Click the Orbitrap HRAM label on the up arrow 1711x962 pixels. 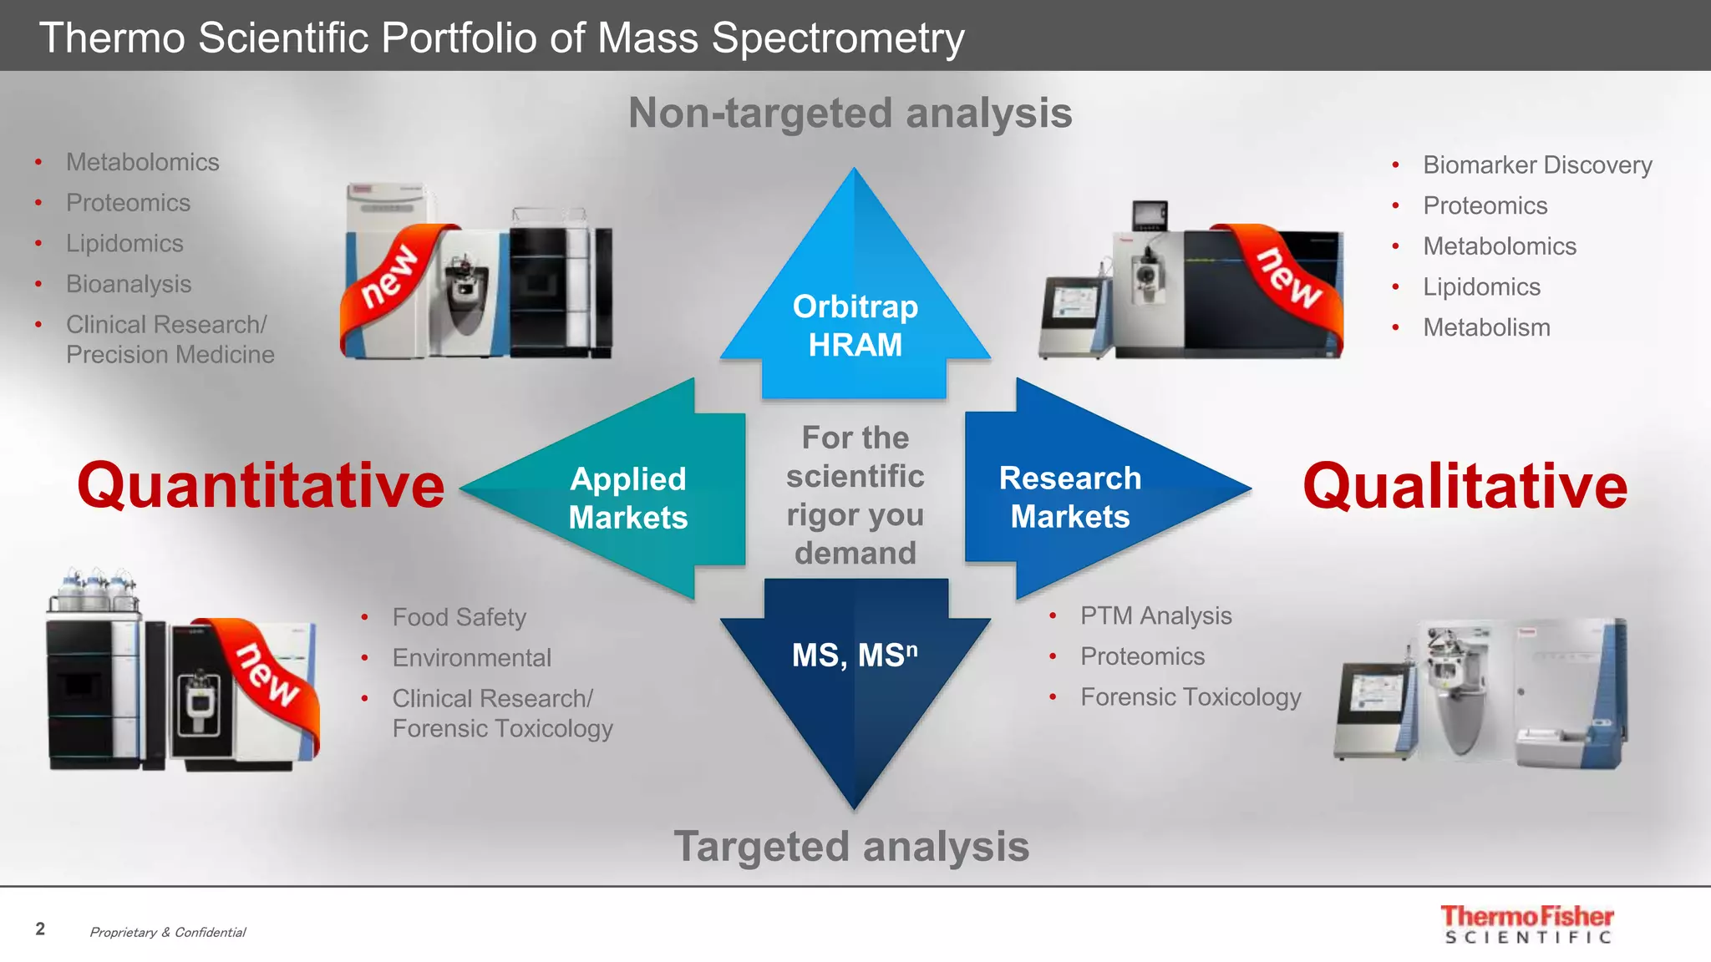[855, 326]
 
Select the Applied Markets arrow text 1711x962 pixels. [628, 498]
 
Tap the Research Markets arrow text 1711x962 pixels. [1070, 497]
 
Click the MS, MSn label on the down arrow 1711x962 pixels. [854, 656]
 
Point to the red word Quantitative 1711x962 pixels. [261, 486]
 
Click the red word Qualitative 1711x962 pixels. [1465, 486]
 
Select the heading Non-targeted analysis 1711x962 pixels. [850, 113]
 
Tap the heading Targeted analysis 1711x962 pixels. [851, 847]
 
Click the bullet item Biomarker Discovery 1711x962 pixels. [1536, 165]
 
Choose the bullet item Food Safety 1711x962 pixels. [459, 617]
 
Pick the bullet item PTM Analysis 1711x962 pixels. [1155, 615]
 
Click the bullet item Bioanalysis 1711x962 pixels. [129, 284]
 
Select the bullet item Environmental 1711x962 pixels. [471, 658]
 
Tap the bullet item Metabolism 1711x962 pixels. [1486, 327]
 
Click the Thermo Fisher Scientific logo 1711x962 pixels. [1527, 924]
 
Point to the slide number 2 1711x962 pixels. [40, 929]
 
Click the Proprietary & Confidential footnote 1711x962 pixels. [167, 932]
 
